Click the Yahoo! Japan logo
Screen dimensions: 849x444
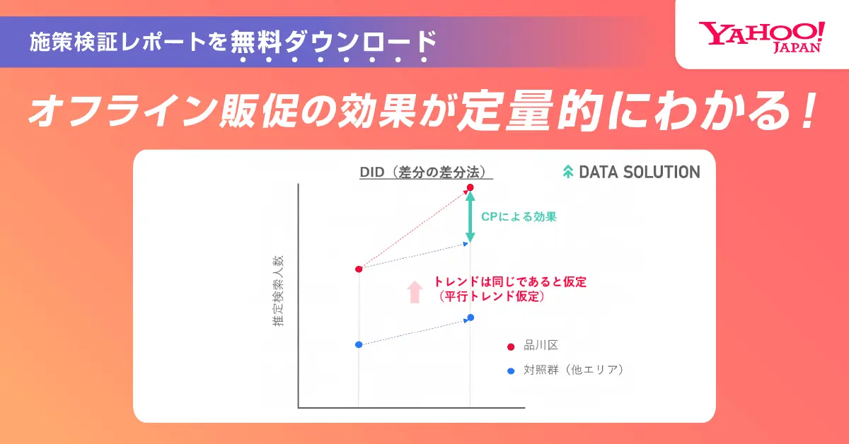(x=762, y=37)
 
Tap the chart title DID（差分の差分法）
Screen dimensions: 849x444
(x=426, y=173)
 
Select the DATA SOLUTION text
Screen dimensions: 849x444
(x=640, y=173)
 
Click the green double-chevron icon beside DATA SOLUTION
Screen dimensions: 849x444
(x=567, y=172)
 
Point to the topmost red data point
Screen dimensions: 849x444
(x=470, y=187)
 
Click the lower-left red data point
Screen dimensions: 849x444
(x=359, y=269)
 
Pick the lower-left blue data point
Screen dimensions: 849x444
(x=359, y=345)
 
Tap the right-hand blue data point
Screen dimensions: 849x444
(x=470, y=317)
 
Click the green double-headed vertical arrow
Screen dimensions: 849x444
(x=470, y=216)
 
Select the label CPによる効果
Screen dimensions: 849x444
(x=519, y=216)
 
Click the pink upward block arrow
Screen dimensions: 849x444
(x=415, y=292)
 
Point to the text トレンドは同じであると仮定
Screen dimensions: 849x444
(x=511, y=281)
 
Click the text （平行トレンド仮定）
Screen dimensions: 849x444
(x=492, y=296)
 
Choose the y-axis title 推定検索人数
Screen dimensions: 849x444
(x=278, y=291)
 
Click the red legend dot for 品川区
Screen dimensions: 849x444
(x=511, y=346)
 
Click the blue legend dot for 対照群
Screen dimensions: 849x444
(x=511, y=371)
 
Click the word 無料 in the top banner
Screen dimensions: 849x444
(x=256, y=41)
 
